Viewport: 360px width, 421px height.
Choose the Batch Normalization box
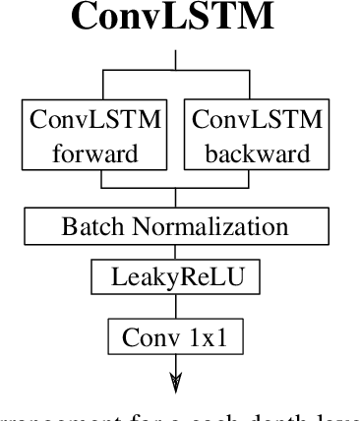177,226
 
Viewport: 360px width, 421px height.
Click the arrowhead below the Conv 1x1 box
177,385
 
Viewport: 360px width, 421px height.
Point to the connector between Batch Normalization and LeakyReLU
177,253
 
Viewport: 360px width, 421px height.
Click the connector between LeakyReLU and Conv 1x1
177,307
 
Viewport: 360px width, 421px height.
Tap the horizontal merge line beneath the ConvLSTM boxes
177,187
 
